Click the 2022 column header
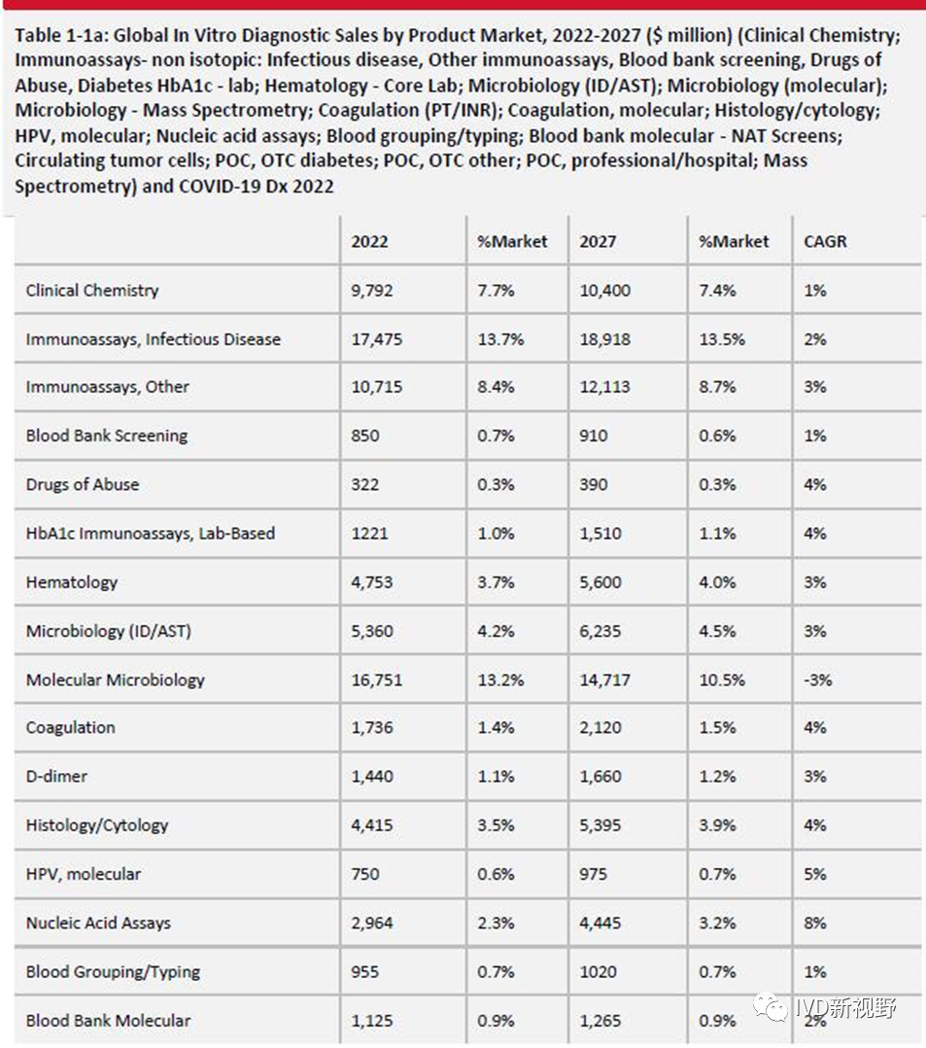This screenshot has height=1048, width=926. tap(369, 241)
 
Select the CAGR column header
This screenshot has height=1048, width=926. tap(825, 241)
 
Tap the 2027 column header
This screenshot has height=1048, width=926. tap(598, 241)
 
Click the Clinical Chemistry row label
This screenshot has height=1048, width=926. tap(92, 290)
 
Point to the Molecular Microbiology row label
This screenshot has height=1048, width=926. tap(116, 680)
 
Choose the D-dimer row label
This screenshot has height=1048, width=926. tap(56, 777)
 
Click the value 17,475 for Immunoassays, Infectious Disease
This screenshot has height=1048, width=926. tap(377, 339)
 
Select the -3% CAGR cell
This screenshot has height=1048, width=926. tap(818, 680)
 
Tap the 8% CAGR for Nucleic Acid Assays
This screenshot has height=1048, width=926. tap(815, 923)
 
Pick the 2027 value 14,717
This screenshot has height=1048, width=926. tap(604, 680)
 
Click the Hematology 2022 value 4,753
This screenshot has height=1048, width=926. tap(372, 582)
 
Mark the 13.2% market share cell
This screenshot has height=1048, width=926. tap(500, 680)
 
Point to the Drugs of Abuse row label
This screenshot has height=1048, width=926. tap(83, 484)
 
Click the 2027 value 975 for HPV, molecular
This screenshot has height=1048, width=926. tap(594, 874)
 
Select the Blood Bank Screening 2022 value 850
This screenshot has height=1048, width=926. tap(365, 436)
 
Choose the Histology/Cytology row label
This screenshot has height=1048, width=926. tap(97, 825)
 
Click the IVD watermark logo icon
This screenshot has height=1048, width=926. tap(774, 1007)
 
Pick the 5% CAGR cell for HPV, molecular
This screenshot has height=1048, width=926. tap(815, 874)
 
